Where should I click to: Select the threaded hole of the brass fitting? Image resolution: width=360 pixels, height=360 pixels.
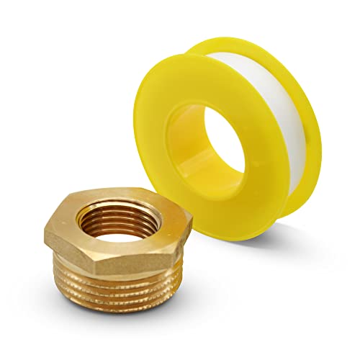[x=119, y=215]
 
